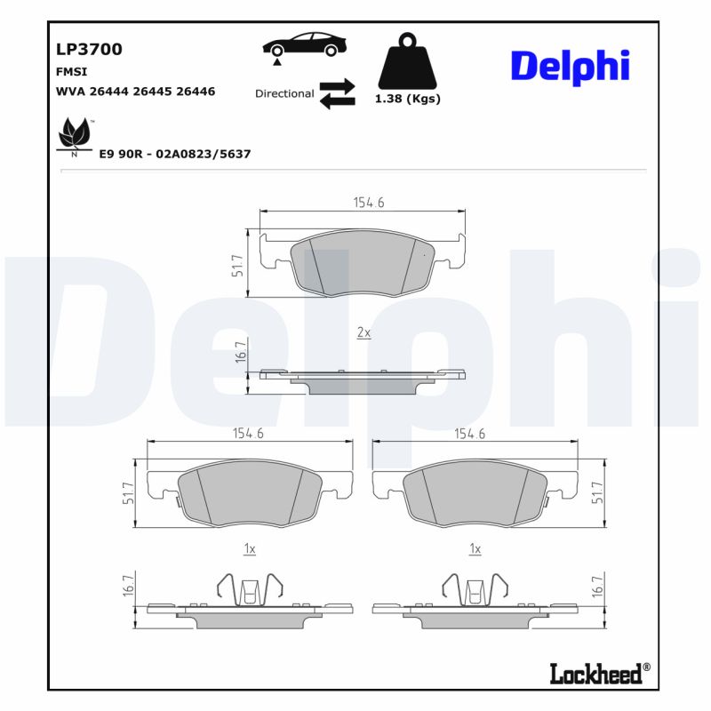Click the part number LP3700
89,50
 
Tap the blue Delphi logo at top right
570,66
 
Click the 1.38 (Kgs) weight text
408,99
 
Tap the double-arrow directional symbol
337,93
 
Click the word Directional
284,93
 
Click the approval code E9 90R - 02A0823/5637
175,154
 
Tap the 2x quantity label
363,332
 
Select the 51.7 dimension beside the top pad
237,265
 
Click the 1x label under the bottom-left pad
250,550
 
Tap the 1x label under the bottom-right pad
475,550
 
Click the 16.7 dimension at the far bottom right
597,585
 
